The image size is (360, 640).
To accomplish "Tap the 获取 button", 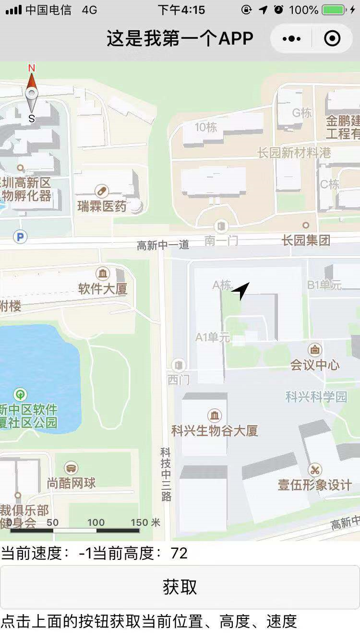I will tap(180, 587).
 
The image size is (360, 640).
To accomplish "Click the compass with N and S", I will tap(32, 94).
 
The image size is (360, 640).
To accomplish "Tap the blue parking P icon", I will tap(20, 237).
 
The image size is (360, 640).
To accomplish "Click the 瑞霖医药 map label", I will tap(102, 206).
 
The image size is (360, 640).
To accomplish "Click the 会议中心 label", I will tap(315, 365).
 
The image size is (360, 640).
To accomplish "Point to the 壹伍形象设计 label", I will tap(315, 485).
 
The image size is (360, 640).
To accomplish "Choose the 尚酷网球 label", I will tap(72, 483).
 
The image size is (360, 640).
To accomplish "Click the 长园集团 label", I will tap(306, 240).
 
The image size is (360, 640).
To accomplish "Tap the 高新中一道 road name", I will tap(163, 245).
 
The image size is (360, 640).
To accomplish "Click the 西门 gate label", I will tap(179, 379).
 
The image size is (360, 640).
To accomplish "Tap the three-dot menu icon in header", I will tap(292, 38).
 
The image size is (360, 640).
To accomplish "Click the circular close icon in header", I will tap(332, 38).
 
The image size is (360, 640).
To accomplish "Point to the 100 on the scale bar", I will tap(96, 522).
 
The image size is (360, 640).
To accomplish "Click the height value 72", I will tap(179, 553).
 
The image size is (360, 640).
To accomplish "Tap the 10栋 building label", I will tap(206, 127).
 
